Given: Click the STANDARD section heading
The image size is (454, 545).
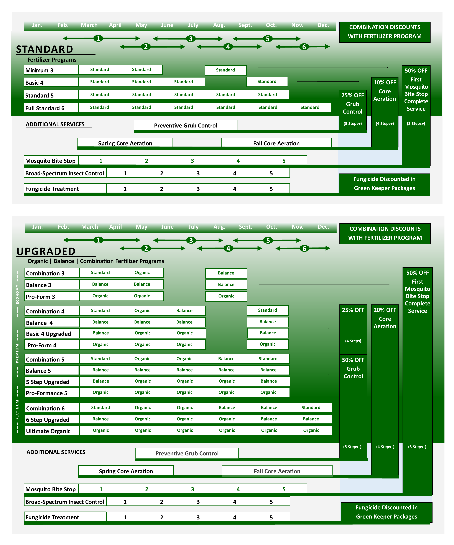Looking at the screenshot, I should (45, 49).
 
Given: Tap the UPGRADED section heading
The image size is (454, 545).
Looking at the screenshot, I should (46, 251).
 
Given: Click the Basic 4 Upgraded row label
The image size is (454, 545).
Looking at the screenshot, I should (49, 334).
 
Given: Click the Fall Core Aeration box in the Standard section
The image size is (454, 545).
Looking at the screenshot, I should (276, 143).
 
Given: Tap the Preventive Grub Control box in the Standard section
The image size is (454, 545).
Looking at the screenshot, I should (186, 125).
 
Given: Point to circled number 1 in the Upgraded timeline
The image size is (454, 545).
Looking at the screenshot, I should (98, 240).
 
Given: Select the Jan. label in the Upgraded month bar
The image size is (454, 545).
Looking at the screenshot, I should (37, 227).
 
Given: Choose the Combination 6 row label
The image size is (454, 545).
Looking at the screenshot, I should (45, 408).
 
